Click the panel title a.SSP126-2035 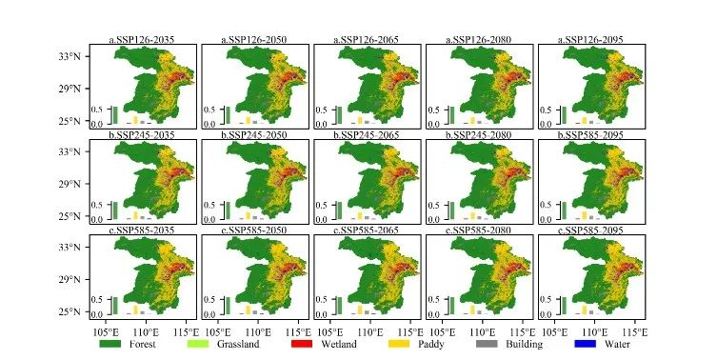(141, 40)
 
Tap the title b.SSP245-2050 (254, 135)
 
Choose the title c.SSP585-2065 (366, 230)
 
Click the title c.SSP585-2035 (141, 230)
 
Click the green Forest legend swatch (110, 344)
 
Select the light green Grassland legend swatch (198, 344)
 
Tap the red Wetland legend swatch (302, 344)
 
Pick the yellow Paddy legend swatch (399, 344)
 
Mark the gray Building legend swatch (487, 344)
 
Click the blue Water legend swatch (585, 344)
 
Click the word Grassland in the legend (238, 344)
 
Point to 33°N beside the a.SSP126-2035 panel (70, 56)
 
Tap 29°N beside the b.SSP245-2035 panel (70, 184)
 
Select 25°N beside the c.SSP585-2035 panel (70, 311)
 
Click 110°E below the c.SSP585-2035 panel (146, 331)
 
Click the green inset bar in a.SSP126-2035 (115, 115)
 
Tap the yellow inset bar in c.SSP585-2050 (248, 310)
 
